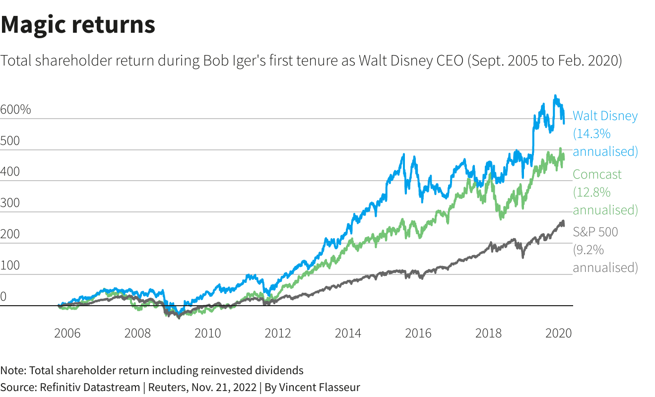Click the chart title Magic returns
[78, 24]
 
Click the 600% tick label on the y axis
[15, 110]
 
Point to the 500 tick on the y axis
[10, 141]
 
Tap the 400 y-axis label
[10, 172]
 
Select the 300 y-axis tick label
[10, 203]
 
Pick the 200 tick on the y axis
[10, 234]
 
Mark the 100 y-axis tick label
[10, 265]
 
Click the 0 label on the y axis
[3, 297]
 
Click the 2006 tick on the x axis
[67, 333]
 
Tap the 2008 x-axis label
[137, 333]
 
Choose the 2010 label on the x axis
[207, 333]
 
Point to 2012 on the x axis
[278, 333]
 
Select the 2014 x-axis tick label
[348, 333]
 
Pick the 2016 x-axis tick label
[418, 333]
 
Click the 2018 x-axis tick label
[489, 333]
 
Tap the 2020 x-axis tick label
[558, 333]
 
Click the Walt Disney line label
[605, 116]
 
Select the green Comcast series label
[597, 175]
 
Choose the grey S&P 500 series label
[595, 232]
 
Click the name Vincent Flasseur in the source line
[319, 387]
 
